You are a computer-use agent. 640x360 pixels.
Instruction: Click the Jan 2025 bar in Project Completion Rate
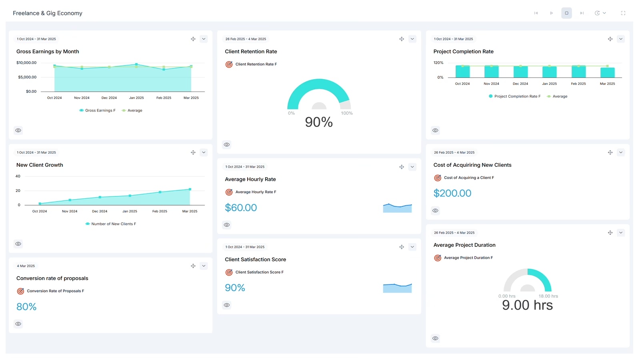coord(549,72)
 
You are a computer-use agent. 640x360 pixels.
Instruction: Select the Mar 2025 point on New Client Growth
coord(190,189)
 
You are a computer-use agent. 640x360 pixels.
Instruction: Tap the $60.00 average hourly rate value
coord(241,208)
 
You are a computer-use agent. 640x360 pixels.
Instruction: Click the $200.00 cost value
coord(452,193)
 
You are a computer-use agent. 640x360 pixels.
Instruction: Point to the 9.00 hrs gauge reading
coord(527,305)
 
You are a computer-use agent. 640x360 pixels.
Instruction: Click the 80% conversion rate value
coord(26,307)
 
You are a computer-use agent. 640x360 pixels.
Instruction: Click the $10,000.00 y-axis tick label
coord(26,63)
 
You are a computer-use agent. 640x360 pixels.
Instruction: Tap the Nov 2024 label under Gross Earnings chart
coord(82,98)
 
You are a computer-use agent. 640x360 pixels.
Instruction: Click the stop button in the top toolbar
coord(566,13)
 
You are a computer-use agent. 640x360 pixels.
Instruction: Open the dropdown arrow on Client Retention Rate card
coord(412,39)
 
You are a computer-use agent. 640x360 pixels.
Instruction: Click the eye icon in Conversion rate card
coord(18,324)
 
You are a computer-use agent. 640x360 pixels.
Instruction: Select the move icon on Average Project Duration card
coord(610,233)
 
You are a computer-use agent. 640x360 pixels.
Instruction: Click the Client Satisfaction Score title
coord(255,260)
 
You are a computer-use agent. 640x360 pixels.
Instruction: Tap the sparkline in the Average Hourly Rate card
coord(397,208)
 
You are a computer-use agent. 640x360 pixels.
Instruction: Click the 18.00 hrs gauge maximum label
coord(548,296)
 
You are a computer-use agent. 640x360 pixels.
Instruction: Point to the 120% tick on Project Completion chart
coord(438,63)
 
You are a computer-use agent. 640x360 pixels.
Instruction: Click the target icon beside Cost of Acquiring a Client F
coord(438,178)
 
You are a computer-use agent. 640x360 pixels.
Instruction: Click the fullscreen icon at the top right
coord(623,13)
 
